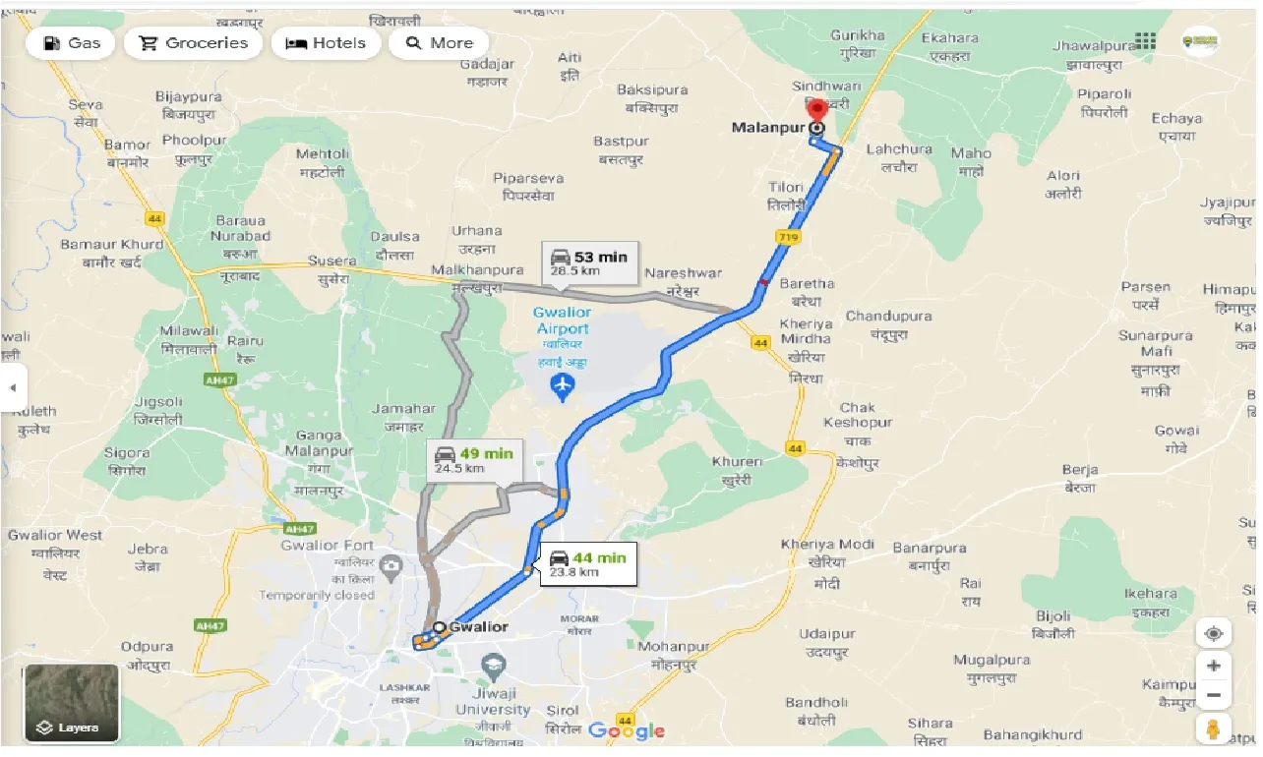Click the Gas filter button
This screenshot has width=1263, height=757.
[70, 43]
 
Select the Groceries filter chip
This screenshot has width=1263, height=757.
[194, 43]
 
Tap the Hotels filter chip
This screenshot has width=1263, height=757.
[326, 43]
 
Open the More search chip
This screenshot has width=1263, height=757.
[439, 43]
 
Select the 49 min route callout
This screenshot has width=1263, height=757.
[474, 460]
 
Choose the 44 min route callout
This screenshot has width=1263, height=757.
[587, 564]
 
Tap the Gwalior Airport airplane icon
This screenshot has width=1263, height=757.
[562, 388]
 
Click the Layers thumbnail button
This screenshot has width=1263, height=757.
[72, 702]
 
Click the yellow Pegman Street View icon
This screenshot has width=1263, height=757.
[1213, 728]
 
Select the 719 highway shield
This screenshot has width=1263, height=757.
[788, 237]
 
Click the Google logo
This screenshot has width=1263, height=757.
[627, 730]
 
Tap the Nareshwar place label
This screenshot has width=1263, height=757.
[683, 273]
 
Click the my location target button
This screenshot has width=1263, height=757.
[1213, 633]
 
